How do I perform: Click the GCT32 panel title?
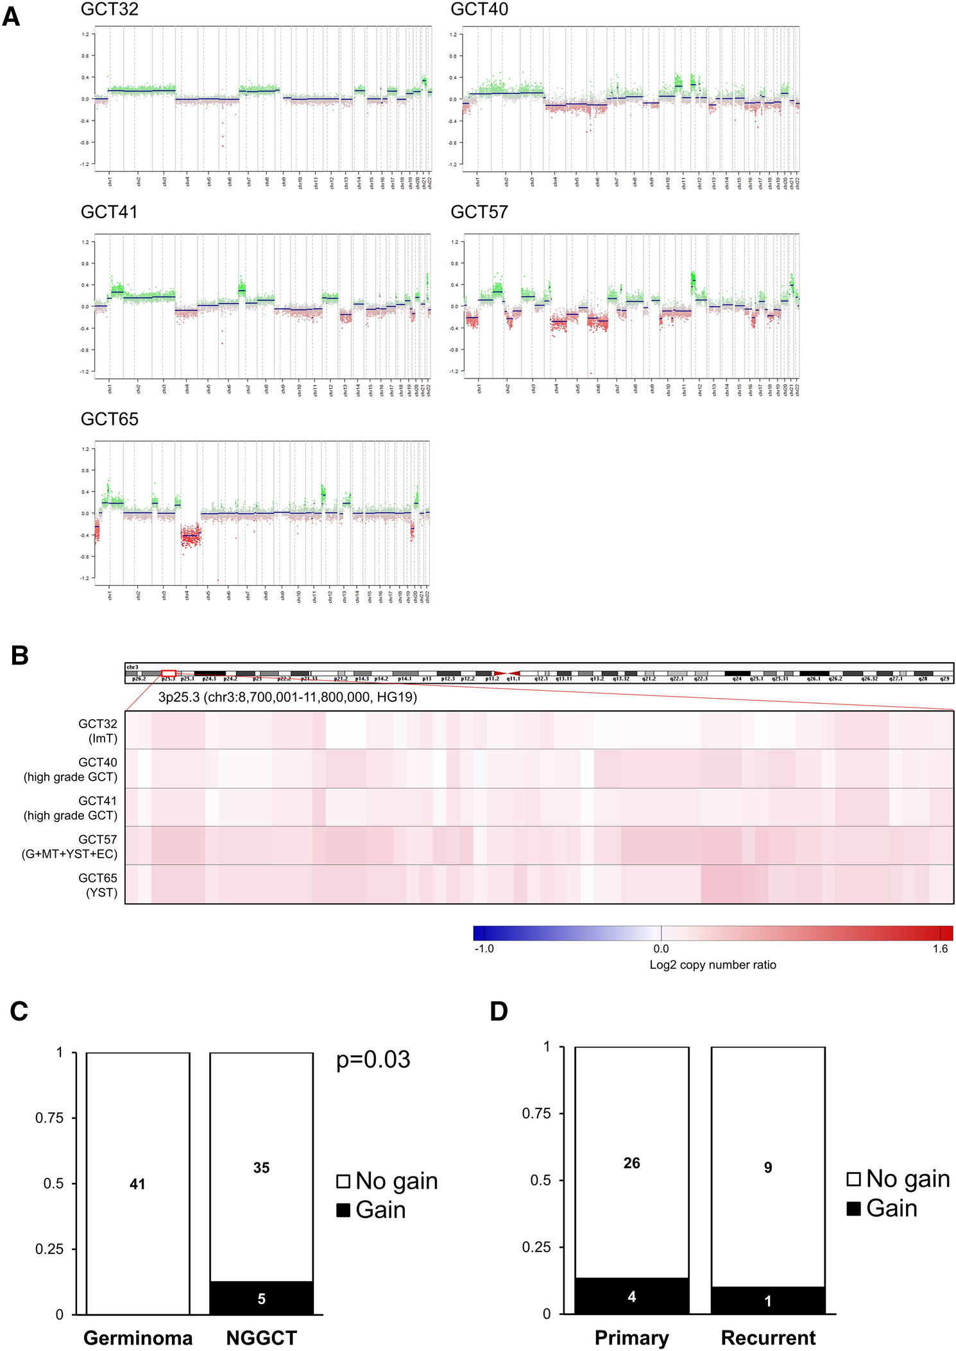[x=109, y=10]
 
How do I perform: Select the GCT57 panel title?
[x=479, y=212]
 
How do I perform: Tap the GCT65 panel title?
[x=109, y=420]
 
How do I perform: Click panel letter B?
[x=19, y=656]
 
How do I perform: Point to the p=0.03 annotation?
[x=373, y=1060]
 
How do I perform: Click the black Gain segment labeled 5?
[x=261, y=1298]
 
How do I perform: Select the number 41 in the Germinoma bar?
[x=137, y=1184]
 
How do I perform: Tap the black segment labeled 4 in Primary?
[x=631, y=1296]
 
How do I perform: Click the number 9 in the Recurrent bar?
[x=767, y=1168]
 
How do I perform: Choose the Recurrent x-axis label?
[x=768, y=1338]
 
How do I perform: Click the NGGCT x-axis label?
[x=261, y=1338]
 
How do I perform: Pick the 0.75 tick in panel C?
[x=49, y=1118]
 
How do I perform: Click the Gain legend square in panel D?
[x=853, y=1209]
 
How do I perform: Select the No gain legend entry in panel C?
[x=387, y=1181]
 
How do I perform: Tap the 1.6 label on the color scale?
[x=940, y=949]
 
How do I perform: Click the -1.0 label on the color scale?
[x=484, y=949]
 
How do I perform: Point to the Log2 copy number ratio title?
[x=712, y=965]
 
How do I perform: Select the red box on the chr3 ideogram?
[x=169, y=673]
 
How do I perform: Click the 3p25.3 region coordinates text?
[x=287, y=697]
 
